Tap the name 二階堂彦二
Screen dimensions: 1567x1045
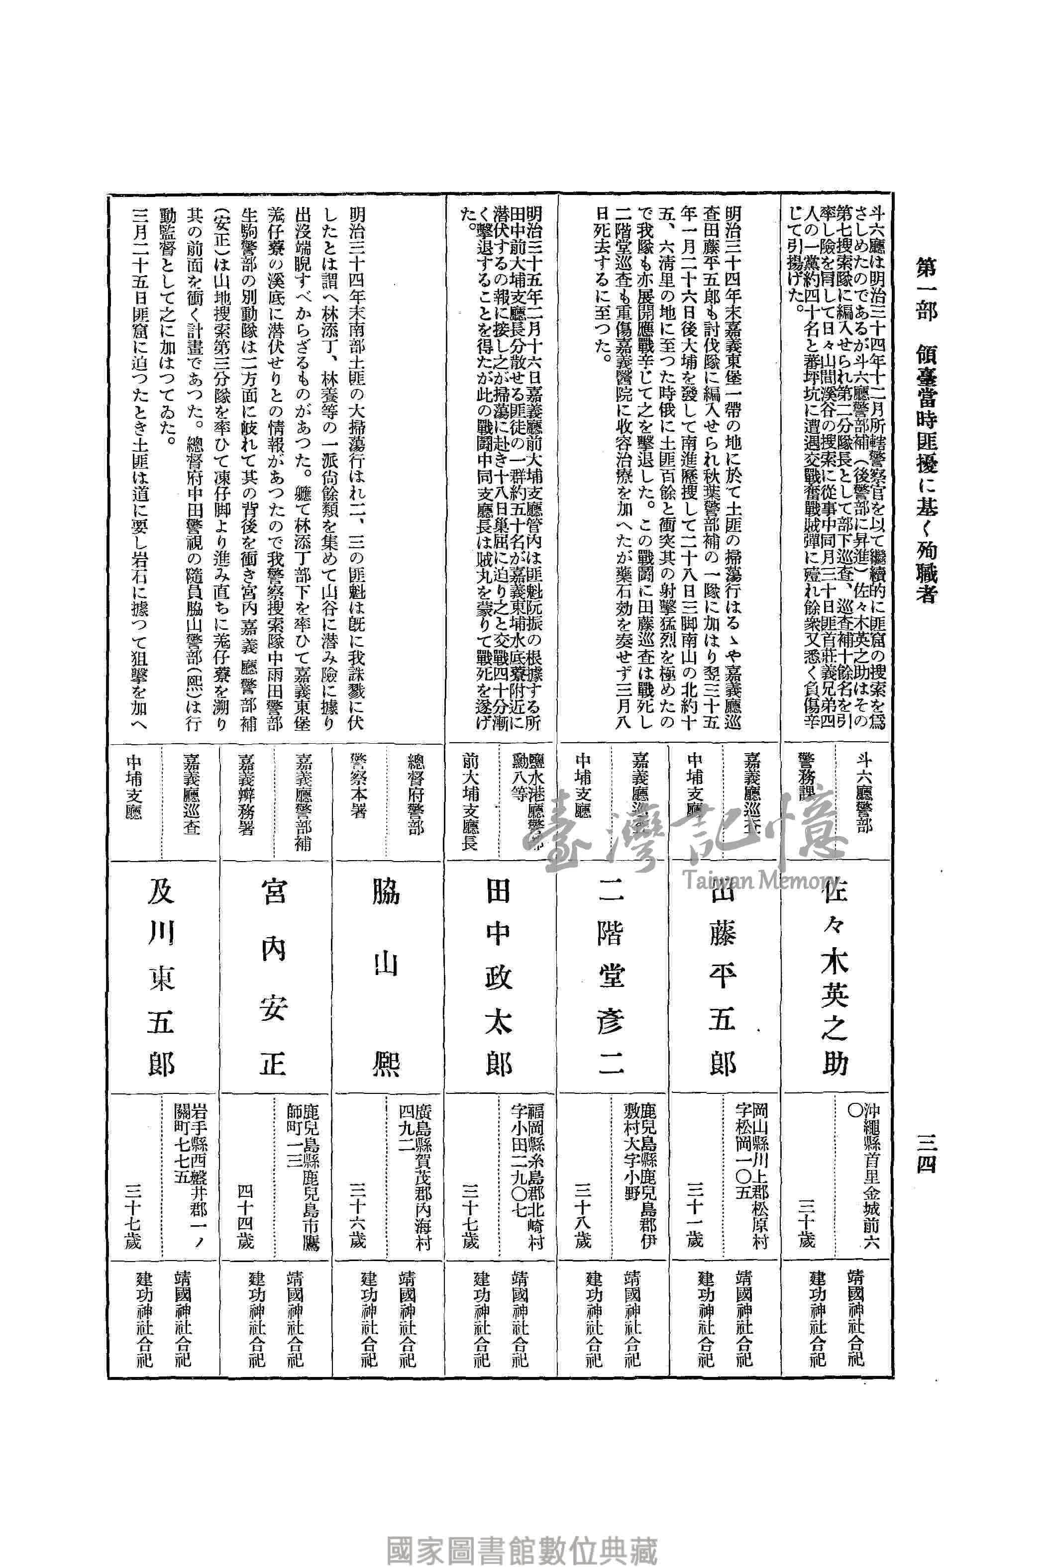610,979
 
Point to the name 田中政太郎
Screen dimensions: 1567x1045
498,979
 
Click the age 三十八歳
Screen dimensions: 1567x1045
582,1223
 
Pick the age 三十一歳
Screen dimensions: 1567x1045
694,1223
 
